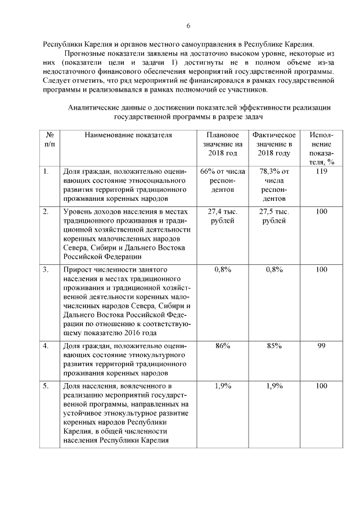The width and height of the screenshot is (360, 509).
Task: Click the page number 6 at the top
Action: (x=189, y=25)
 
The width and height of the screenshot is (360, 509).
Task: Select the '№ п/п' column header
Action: (x=49, y=140)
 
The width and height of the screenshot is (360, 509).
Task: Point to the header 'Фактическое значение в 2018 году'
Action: (x=274, y=145)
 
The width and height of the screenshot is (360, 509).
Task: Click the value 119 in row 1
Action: (x=321, y=172)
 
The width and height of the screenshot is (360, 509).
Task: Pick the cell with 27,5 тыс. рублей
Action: (x=274, y=216)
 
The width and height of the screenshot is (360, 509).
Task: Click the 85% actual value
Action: (x=274, y=346)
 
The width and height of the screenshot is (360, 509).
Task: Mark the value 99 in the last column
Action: (x=321, y=346)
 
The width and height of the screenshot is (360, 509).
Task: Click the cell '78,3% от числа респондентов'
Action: (x=274, y=184)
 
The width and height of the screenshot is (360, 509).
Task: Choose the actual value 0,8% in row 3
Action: (x=274, y=270)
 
